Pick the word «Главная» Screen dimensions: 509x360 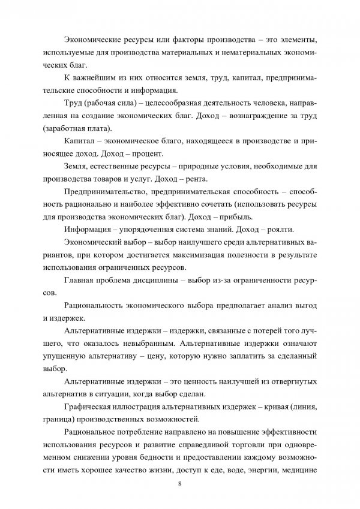click(x=80, y=279)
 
